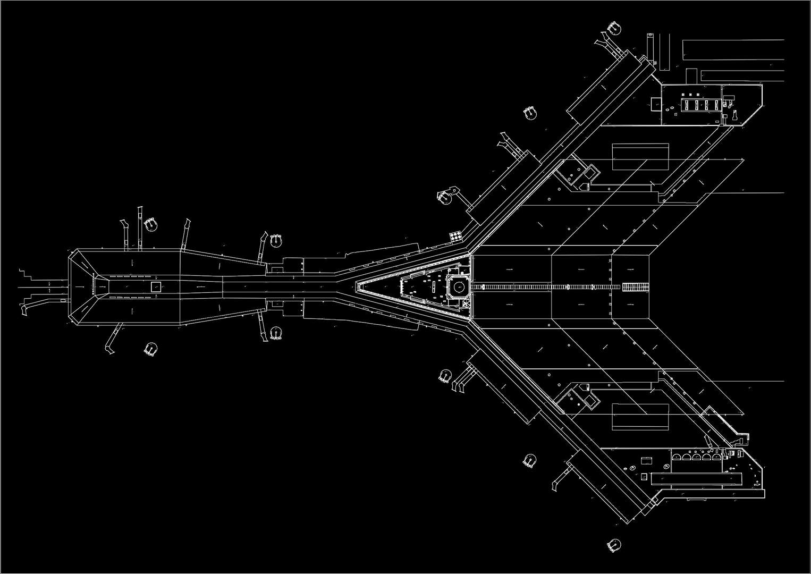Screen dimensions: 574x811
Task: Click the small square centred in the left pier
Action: (x=156, y=287)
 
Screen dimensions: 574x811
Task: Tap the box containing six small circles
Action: (x=456, y=236)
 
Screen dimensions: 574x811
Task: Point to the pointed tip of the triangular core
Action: (x=357, y=287)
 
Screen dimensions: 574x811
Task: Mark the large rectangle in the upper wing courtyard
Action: (x=640, y=157)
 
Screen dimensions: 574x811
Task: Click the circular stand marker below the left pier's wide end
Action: (x=151, y=349)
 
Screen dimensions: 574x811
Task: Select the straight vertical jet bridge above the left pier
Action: (x=140, y=228)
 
